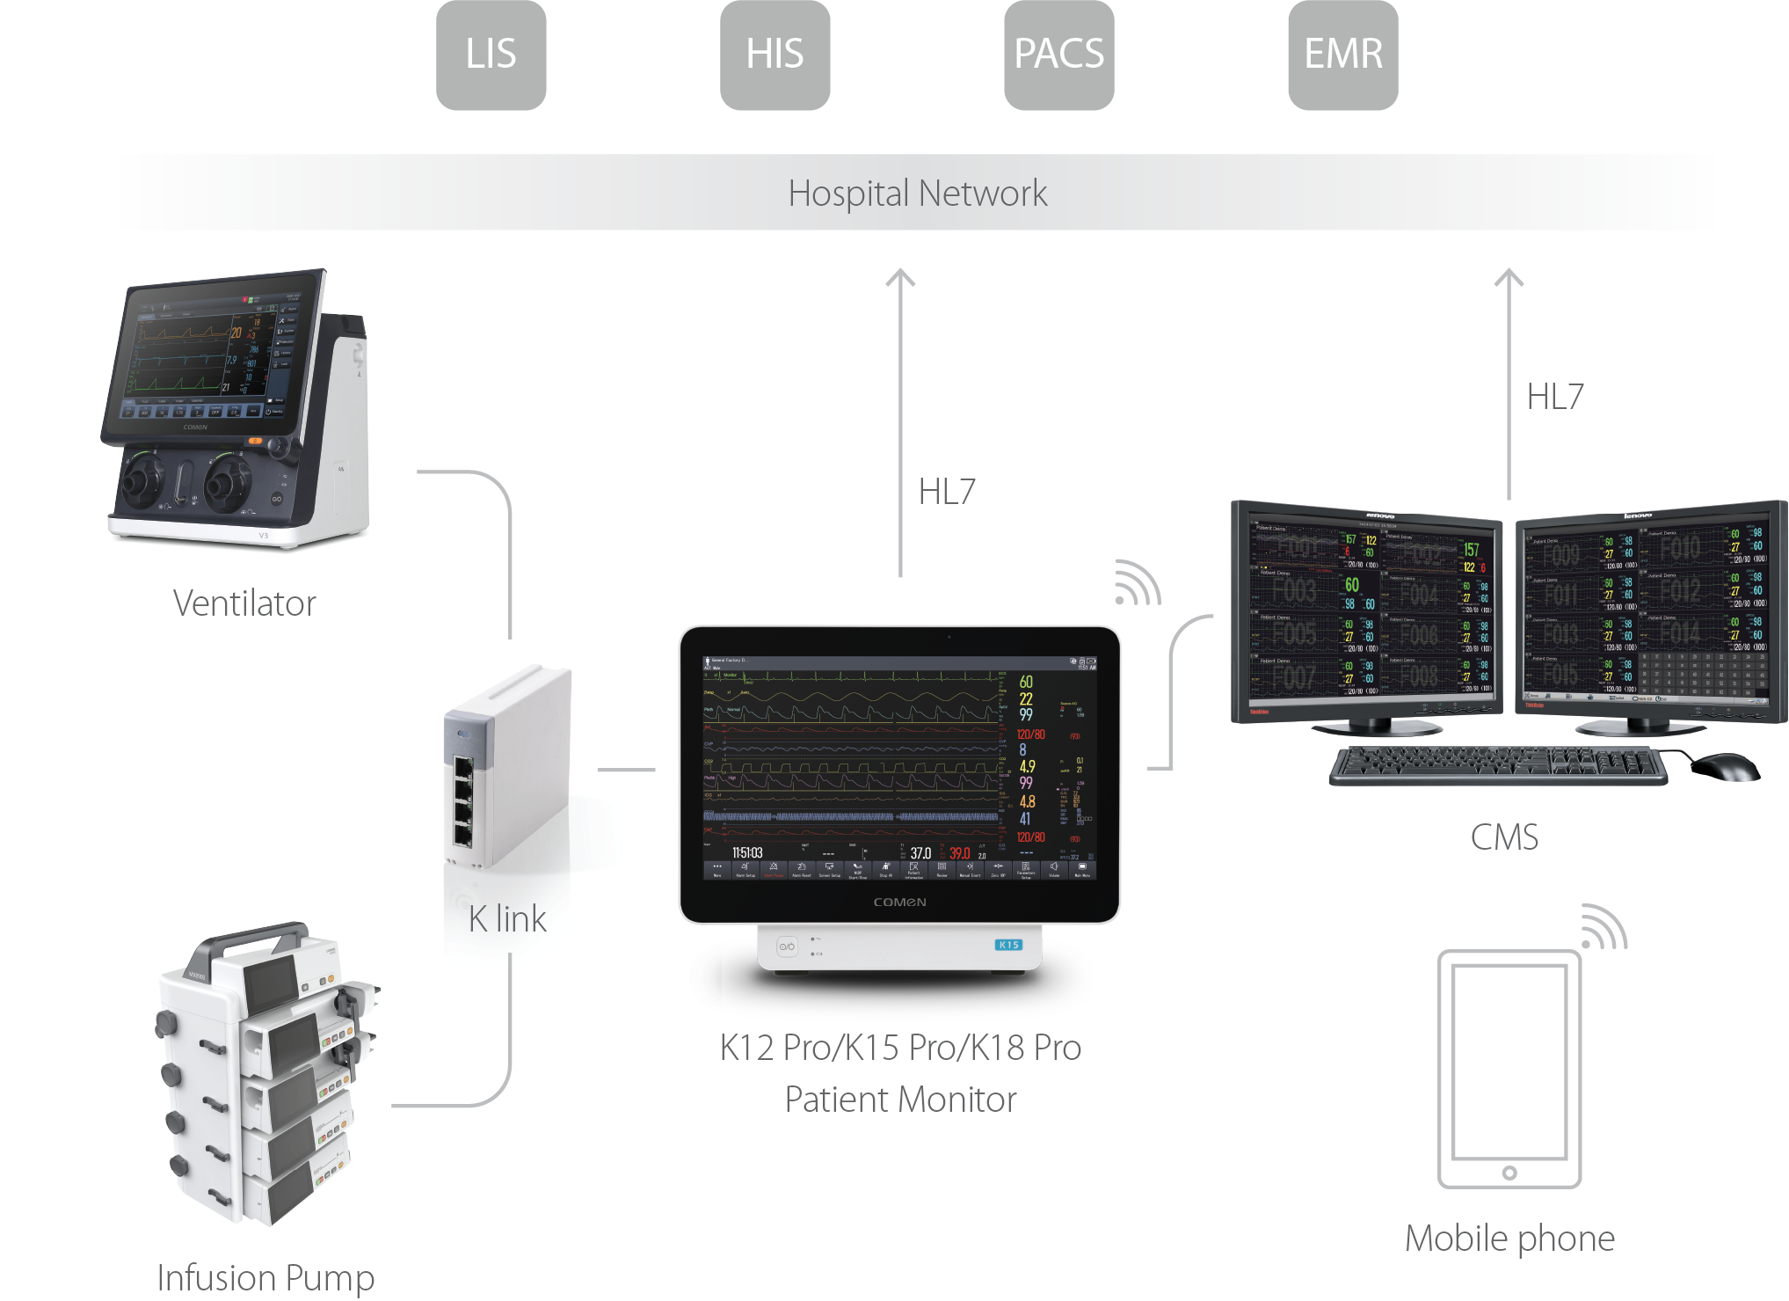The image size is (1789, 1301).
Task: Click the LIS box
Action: click(x=491, y=55)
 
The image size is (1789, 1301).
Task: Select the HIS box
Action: click(x=775, y=55)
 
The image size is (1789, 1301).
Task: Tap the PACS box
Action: click(x=1058, y=55)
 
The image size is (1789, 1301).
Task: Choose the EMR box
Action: click(x=1342, y=55)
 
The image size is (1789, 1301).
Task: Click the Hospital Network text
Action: click(x=917, y=194)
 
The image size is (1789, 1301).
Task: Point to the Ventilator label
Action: click(x=244, y=603)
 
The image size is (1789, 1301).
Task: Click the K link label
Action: click(x=507, y=919)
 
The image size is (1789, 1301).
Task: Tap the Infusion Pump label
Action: click(x=265, y=1277)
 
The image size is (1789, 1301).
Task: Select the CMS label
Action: click(x=1504, y=837)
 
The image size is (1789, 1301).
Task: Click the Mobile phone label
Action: click(x=1509, y=1239)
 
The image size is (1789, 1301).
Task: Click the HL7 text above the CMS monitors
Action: click(x=1554, y=397)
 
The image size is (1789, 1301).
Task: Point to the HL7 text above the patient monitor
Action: click(x=947, y=492)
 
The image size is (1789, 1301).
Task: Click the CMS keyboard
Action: click(x=1498, y=764)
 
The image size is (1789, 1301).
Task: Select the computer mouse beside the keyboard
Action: click(x=1724, y=765)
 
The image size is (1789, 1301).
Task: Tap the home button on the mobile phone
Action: click(x=1509, y=1173)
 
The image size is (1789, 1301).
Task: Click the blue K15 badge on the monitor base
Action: click(x=1008, y=945)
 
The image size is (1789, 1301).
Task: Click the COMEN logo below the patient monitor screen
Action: click(x=899, y=903)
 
